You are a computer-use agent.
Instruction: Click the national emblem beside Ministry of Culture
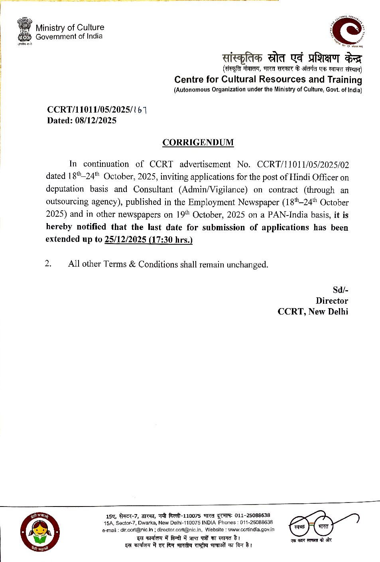(x=24, y=30)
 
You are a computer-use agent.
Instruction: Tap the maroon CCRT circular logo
(x=347, y=31)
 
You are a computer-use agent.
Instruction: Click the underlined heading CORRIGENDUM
(x=198, y=142)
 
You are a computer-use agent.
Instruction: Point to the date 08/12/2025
(x=95, y=121)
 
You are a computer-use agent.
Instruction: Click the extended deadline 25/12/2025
(x=125, y=239)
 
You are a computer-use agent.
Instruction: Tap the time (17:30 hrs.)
(x=170, y=239)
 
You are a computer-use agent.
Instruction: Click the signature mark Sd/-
(x=340, y=290)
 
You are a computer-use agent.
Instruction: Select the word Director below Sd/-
(x=332, y=301)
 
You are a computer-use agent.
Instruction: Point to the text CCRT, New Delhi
(x=313, y=311)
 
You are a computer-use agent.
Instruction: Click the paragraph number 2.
(x=48, y=263)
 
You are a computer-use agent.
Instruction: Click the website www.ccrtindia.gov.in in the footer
(x=251, y=530)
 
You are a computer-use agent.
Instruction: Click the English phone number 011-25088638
(x=256, y=522)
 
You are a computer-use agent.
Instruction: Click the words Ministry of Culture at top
(x=70, y=28)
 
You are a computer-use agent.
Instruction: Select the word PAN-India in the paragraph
(x=288, y=215)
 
